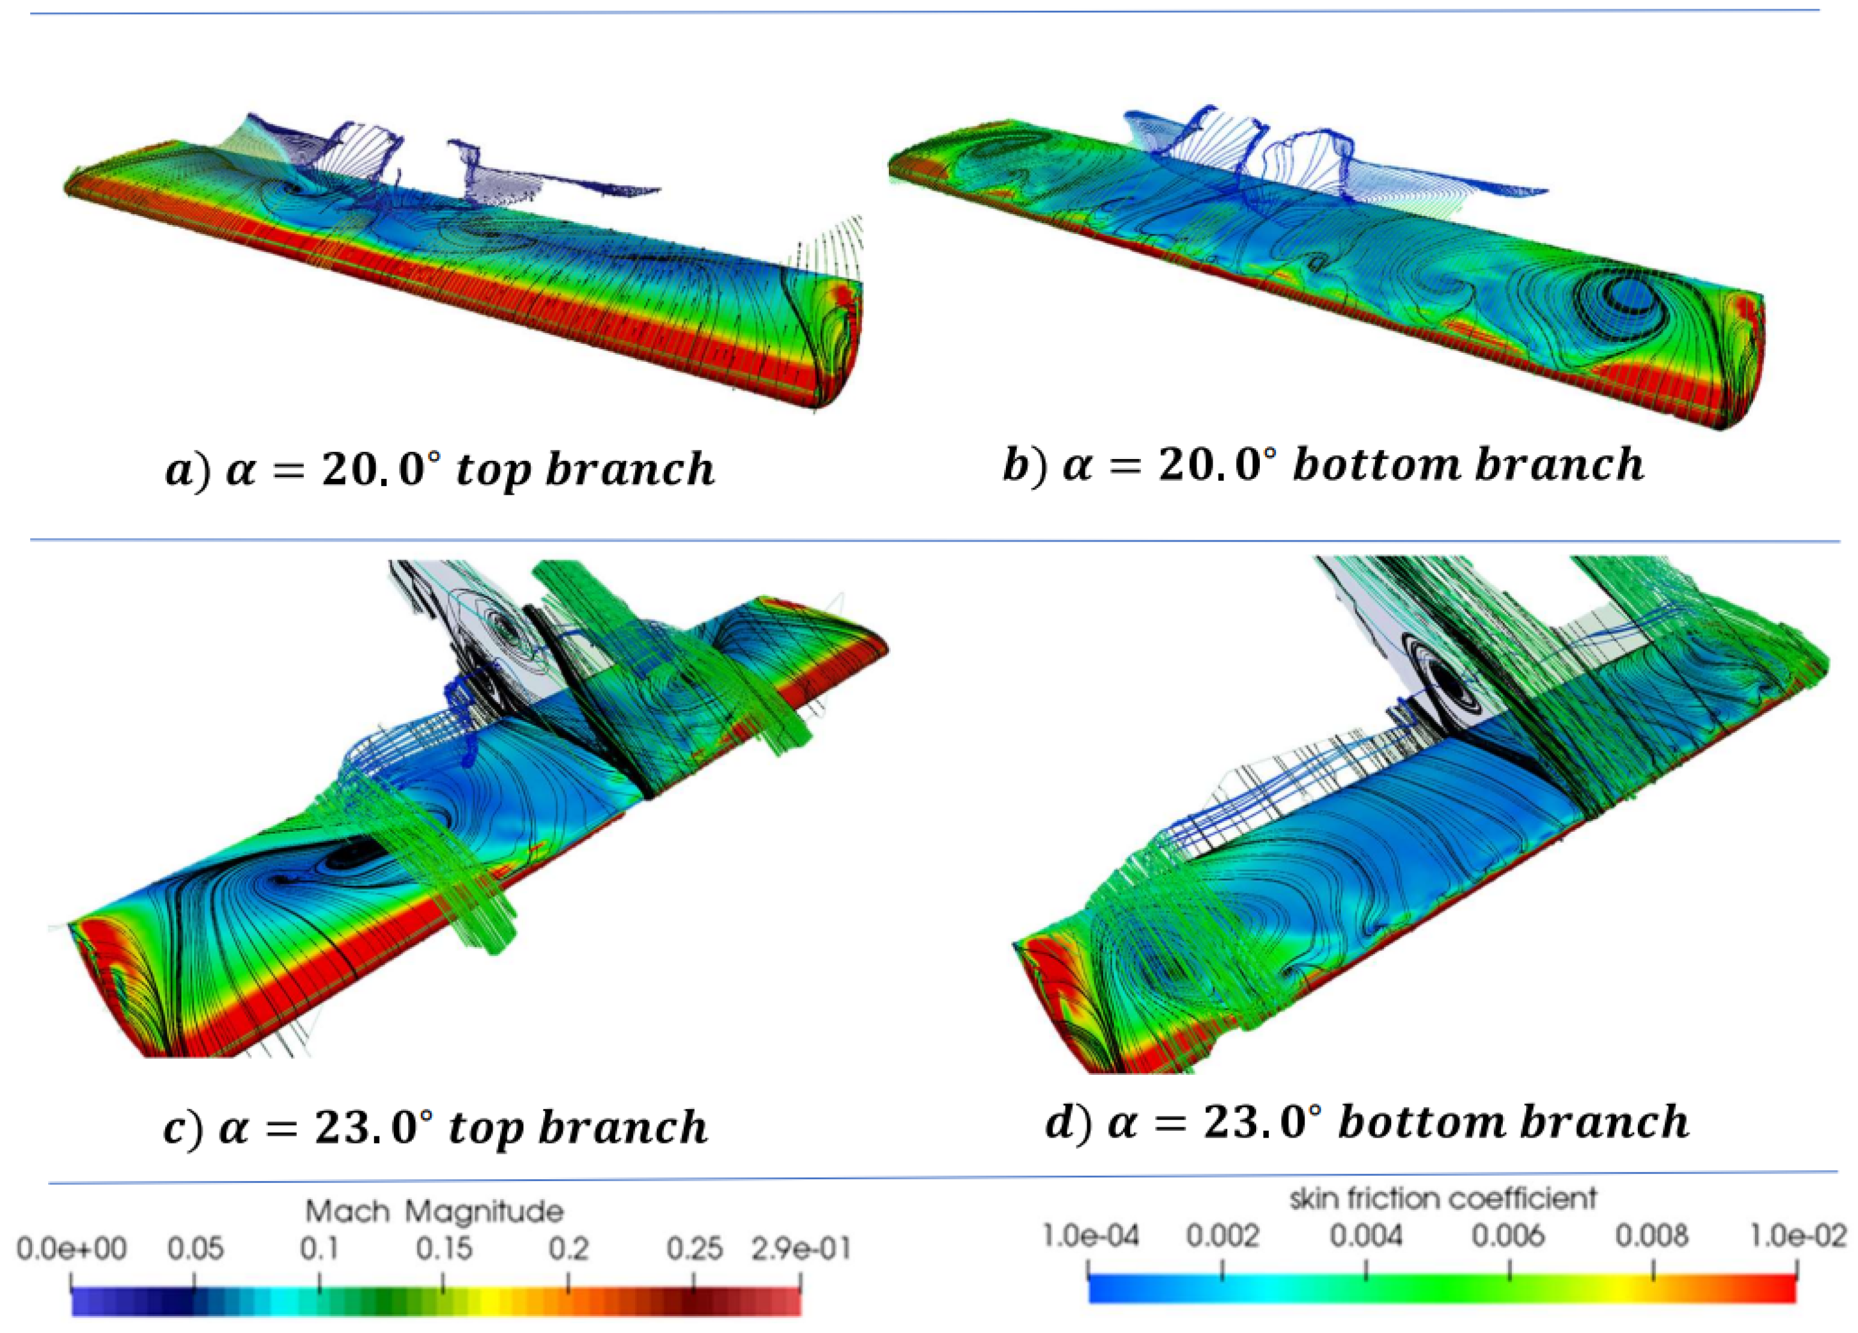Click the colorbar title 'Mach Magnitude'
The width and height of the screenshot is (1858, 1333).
click(x=434, y=1211)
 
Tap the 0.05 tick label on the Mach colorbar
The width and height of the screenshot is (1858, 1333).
click(x=195, y=1249)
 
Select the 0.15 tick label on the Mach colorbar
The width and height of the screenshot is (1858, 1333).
click(x=443, y=1249)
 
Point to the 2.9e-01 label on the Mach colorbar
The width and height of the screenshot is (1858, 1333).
click(x=801, y=1249)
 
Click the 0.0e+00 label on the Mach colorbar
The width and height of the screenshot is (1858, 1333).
click(x=71, y=1249)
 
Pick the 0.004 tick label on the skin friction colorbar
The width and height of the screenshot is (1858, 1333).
click(x=1366, y=1235)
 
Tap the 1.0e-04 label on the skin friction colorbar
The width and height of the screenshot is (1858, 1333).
click(x=1090, y=1235)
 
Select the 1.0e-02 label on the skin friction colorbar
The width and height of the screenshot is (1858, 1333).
click(x=1798, y=1235)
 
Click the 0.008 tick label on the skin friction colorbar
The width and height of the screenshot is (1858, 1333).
click(x=1652, y=1235)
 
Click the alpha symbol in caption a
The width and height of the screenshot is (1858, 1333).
click(x=240, y=471)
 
